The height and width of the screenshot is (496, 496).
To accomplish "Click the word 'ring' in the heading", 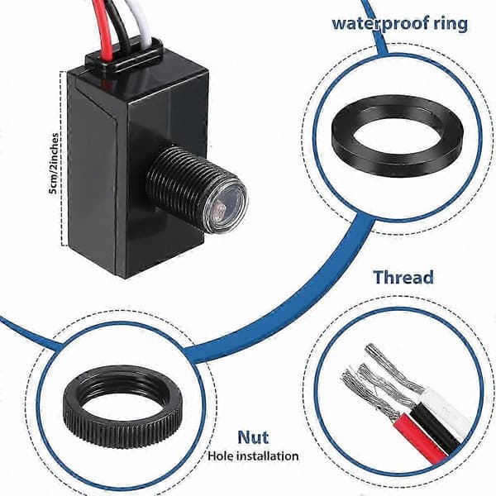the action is point(451,25).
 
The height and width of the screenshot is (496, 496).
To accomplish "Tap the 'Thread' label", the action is point(403,278).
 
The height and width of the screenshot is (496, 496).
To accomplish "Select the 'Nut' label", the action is point(253,437).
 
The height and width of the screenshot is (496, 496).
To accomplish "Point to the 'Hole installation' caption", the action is point(253,456).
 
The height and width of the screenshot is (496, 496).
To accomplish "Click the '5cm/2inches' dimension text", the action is point(54,164).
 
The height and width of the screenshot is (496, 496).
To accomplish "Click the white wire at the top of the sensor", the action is point(145,22).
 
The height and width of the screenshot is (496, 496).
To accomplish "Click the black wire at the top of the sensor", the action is point(122,26).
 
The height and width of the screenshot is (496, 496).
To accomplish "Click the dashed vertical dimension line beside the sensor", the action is point(61,158).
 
